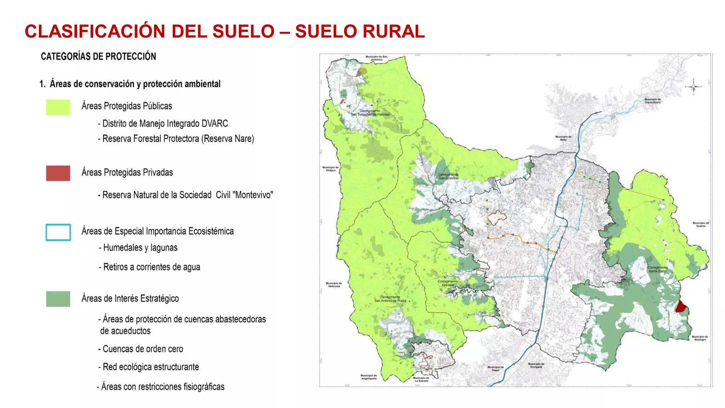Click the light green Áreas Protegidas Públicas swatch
58,107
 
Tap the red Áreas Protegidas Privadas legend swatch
58,173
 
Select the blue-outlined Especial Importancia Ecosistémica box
58,232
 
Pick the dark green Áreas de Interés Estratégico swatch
58,299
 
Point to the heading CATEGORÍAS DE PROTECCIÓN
98,56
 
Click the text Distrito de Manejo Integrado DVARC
165,124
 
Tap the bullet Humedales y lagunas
140,248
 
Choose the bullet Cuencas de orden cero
143,349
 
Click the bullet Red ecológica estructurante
150,367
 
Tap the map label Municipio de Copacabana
652,101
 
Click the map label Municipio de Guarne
701,224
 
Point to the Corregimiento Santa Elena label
658,269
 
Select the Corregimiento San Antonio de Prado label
390,299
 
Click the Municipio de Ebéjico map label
330,169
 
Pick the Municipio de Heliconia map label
334,284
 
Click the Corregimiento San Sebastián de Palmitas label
370,113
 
